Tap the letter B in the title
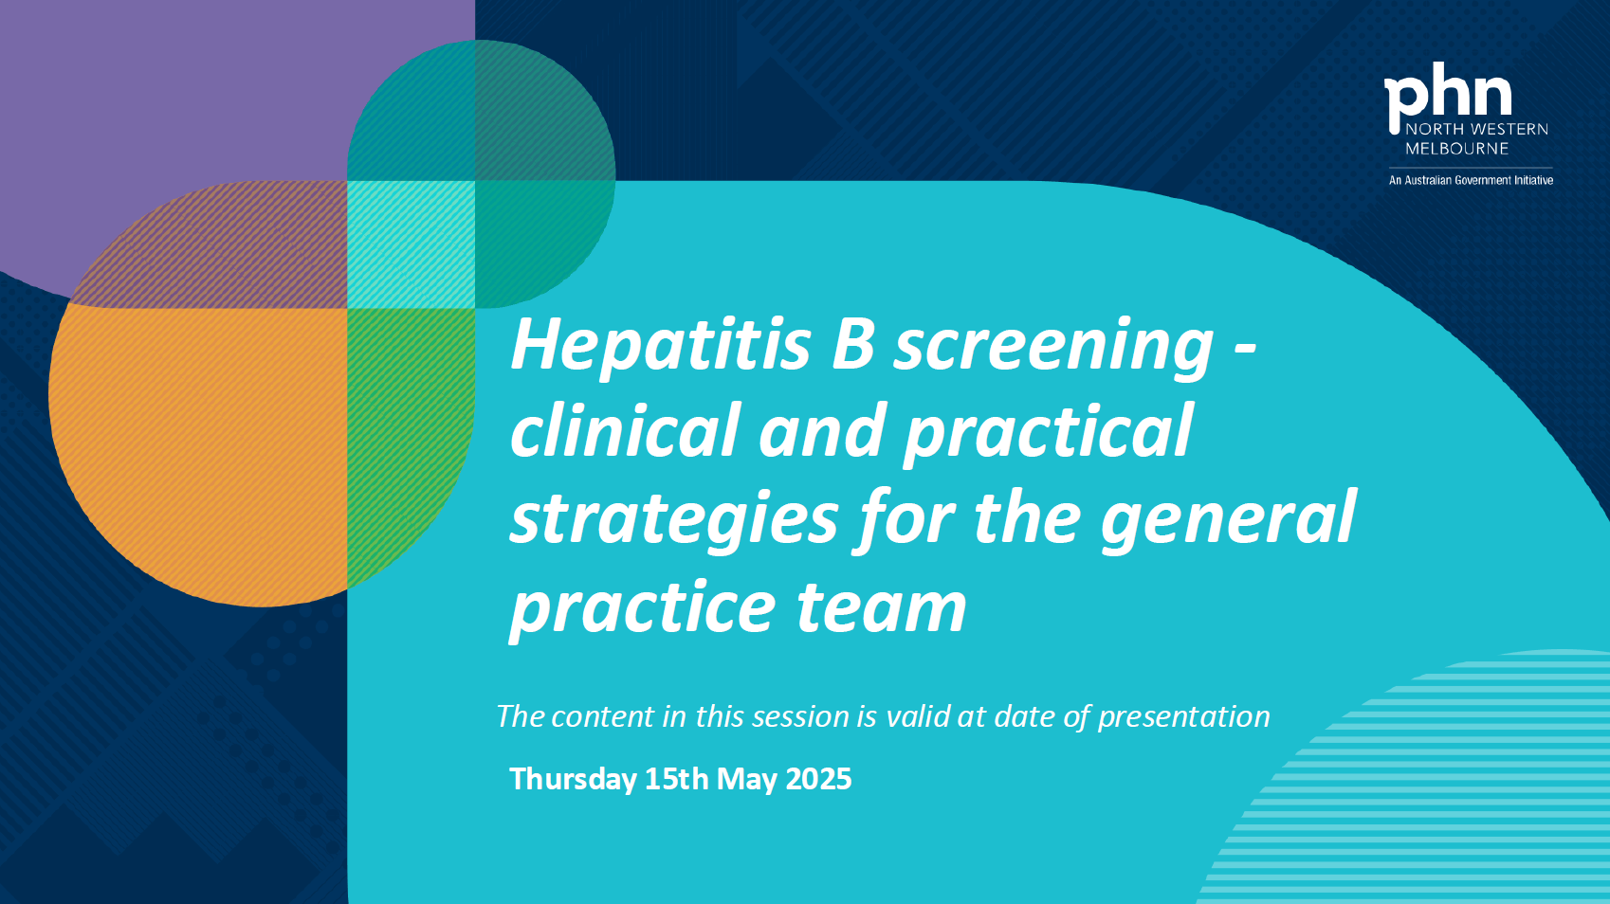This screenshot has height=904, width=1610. pyautogui.click(x=852, y=345)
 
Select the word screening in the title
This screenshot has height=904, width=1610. pyautogui.click(x=1053, y=349)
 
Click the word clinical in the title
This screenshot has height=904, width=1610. pyautogui.click(x=625, y=432)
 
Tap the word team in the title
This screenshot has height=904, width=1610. pyautogui.click(x=881, y=608)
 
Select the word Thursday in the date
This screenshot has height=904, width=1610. pyautogui.click(x=573, y=779)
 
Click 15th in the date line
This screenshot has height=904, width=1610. pyautogui.click(x=676, y=779)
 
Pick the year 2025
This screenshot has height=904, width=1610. pyautogui.click(x=818, y=779)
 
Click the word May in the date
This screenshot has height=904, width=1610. pyautogui.click(x=746, y=779)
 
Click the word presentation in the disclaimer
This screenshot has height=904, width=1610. pyautogui.click(x=1183, y=717)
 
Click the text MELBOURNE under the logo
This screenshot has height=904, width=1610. pyautogui.click(x=1456, y=149)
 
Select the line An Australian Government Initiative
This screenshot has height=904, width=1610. pyautogui.click(x=1471, y=180)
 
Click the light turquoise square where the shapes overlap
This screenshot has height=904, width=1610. pyautogui.click(x=411, y=244)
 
